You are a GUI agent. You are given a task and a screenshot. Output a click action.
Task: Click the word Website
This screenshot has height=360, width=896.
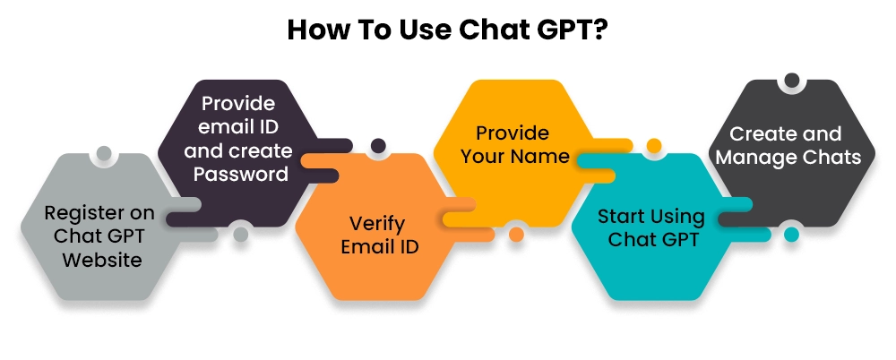pyautogui.click(x=102, y=260)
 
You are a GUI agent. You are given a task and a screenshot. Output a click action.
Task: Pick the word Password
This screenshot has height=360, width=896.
pyautogui.click(x=240, y=175)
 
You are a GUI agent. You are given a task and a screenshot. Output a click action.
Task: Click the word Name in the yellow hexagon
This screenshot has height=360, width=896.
pyautogui.click(x=544, y=156)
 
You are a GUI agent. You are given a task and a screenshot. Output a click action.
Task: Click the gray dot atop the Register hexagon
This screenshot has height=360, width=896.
pyautogui.click(x=103, y=154)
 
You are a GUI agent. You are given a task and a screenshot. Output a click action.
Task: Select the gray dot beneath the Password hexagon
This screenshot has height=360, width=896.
pyautogui.click(x=240, y=235)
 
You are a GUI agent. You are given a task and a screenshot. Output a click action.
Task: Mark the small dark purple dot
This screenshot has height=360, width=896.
pyautogui.click(x=378, y=146)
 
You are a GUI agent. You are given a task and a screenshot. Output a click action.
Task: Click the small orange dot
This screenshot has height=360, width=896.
pyautogui.click(x=517, y=235)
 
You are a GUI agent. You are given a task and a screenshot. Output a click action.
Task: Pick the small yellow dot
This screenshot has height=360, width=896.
pyautogui.click(x=654, y=146)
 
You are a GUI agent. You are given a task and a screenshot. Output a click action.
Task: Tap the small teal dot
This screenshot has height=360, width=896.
pyautogui.click(x=791, y=235)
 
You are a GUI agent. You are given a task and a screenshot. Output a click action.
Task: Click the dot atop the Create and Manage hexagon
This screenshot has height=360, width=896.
pyautogui.click(x=791, y=81)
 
